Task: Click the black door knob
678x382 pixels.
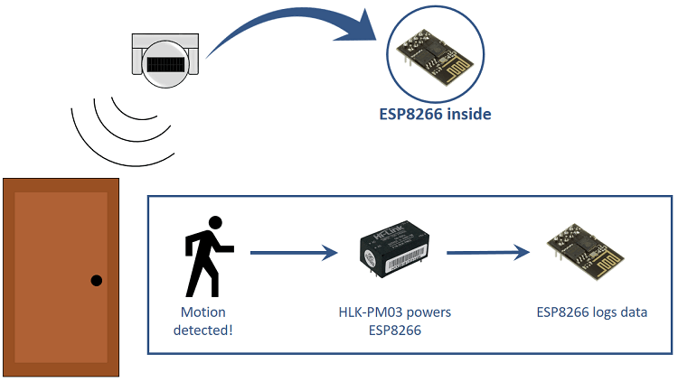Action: [97, 281]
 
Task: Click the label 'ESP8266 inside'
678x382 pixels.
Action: [436, 115]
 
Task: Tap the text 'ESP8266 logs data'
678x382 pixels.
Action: [591, 312]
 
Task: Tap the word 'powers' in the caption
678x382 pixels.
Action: [428, 312]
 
